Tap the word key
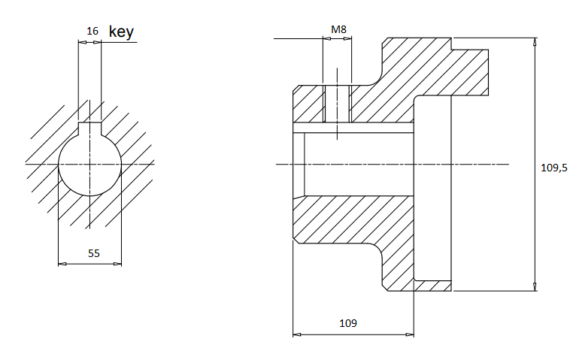tap(121, 32)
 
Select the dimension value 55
tap(93, 254)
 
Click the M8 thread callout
tap(339, 29)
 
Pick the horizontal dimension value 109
tap(347, 323)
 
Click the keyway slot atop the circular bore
tap(90, 127)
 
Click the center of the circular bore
tap(90, 163)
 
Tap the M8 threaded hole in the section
tap(338, 104)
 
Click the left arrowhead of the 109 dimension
tap(296, 333)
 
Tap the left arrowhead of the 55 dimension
tap(62, 264)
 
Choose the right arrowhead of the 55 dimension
tap(118, 264)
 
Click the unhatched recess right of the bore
tap(432, 188)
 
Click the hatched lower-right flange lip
tap(432, 285)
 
